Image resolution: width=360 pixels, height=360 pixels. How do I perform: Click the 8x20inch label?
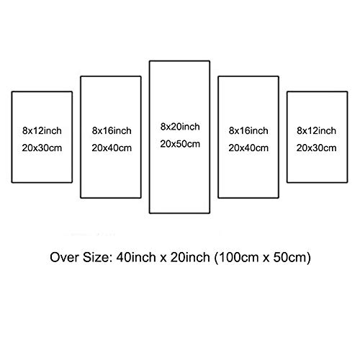[x=180, y=127]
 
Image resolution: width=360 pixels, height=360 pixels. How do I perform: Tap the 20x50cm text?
[x=180, y=144]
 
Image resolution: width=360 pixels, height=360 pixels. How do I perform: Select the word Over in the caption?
[x=64, y=257]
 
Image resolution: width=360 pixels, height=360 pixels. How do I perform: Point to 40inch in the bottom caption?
[x=136, y=257]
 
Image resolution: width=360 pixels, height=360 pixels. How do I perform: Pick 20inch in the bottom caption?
[x=190, y=257]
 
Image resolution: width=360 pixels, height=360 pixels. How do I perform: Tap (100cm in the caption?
[x=236, y=258]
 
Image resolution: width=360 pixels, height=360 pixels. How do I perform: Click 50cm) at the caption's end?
[x=292, y=258]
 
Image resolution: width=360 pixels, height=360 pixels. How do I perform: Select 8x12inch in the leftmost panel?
[x=42, y=130]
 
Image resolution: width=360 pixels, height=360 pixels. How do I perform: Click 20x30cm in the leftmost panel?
[x=42, y=148]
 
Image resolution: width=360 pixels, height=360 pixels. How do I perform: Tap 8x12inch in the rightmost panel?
[x=316, y=130]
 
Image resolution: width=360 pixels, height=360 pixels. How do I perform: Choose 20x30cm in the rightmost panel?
[x=316, y=148]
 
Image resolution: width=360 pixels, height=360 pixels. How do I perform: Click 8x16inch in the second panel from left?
[x=112, y=130]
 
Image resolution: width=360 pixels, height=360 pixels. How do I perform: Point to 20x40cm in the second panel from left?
[x=112, y=148]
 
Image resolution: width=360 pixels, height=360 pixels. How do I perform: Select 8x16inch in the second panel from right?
[x=248, y=130]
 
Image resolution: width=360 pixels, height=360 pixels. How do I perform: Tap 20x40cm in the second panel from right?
[x=248, y=148]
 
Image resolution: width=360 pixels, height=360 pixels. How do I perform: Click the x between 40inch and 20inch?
[x=163, y=258]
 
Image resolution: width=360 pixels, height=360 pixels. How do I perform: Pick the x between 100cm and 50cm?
[x=266, y=258]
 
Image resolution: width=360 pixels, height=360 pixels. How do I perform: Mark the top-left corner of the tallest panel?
[x=150, y=61]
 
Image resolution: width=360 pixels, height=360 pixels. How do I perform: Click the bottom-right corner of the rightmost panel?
[x=347, y=182]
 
